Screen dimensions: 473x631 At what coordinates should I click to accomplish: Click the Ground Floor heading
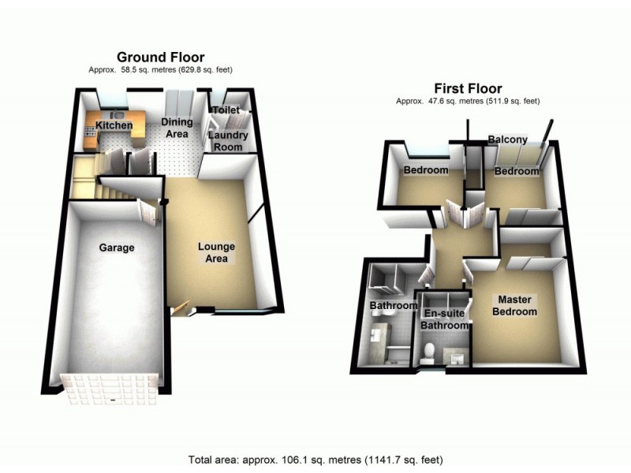(x=160, y=57)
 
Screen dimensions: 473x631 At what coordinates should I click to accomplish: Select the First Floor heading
(x=465, y=88)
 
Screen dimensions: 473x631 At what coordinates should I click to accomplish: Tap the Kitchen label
(x=114, y=125)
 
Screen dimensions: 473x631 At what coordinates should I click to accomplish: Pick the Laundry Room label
(x=229, y=141)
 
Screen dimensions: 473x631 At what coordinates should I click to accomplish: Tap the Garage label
(x=116, y=248)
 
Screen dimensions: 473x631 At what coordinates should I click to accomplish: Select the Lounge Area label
(x=216, y=253)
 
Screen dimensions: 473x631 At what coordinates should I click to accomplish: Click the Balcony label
(x=507, y=140)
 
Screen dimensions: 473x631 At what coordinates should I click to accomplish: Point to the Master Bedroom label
(x=516, y=305)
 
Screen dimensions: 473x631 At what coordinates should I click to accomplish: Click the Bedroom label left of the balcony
(x=426, y=170)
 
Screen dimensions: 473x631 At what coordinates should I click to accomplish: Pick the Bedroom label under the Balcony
(x=517, y=171)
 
